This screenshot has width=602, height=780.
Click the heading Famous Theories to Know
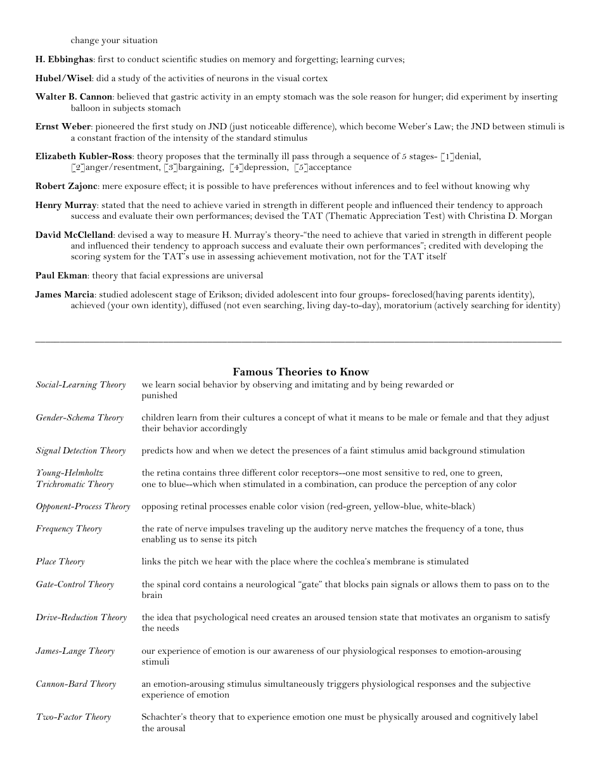[x=300, y=372]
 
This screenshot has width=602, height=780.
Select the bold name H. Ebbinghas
[x=64, y=60]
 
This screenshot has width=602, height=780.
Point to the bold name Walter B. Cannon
[x=74, y=97]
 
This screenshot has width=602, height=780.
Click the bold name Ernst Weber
[x=63, y=127]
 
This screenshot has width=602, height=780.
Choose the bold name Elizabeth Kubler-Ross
[x=84, y=157]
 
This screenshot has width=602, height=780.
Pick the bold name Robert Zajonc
[x=67, y=186]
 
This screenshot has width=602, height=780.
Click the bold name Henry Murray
[x=66, y=205]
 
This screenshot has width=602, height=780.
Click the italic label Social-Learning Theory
[x=80, y=385]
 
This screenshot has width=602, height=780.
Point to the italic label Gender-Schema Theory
[x=79, y=418]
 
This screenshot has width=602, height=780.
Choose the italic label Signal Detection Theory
[x=80, y=451]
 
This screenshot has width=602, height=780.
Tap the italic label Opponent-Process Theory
[x=82, y=507]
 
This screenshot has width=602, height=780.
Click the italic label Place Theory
[x=60, y=562]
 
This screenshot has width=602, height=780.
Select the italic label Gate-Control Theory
[x=75, y=585]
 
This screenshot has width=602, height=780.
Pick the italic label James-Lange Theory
[x=75, y=651]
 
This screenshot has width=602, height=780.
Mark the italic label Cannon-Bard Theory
[x=76, y=684]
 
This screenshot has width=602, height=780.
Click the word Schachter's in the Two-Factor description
[x=162, y=717]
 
